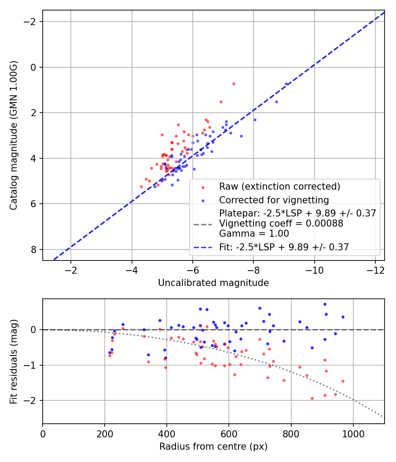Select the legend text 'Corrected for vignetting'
point(274,200)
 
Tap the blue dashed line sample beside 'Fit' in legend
point(203,248)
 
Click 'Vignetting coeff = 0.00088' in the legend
point(281,224)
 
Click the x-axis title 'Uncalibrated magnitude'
point(213,283)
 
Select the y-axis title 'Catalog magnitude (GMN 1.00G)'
point(14,136)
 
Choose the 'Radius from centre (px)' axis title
point(213,447)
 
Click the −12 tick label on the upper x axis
point(375,269)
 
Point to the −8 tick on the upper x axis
point(253,269)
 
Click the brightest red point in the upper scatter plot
point(234,84)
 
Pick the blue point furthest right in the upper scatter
point(286,84)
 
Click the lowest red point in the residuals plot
point(312,398)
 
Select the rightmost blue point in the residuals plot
point(343,317)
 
